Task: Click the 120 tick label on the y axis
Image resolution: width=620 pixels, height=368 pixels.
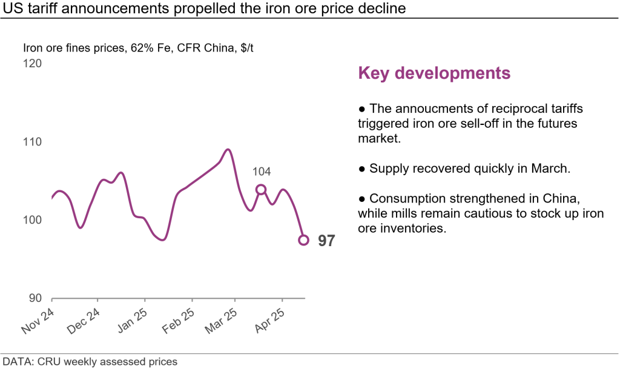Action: pos(33,63)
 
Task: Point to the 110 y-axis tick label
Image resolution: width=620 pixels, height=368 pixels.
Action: pos(33,142)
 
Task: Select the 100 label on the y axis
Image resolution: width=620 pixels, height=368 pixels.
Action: pos(33,219)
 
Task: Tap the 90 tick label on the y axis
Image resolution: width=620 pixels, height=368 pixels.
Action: pos(36,298)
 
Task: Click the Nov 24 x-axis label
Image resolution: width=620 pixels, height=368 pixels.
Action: pos(38,321)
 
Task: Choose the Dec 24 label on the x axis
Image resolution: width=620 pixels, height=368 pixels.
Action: pos(84,321)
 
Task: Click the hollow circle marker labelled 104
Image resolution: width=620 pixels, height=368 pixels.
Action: pos(261,190)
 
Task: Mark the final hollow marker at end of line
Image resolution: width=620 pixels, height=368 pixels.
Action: pos(304,240)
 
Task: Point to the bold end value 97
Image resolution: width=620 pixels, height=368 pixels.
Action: pos(326,241)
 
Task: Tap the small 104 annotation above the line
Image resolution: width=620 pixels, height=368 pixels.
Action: pos(261,172)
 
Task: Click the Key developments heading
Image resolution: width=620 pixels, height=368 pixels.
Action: pos(434,73)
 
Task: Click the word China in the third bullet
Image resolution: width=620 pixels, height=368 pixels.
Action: pos(565,198)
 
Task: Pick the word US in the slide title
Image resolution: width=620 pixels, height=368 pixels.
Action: pos(12,8)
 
